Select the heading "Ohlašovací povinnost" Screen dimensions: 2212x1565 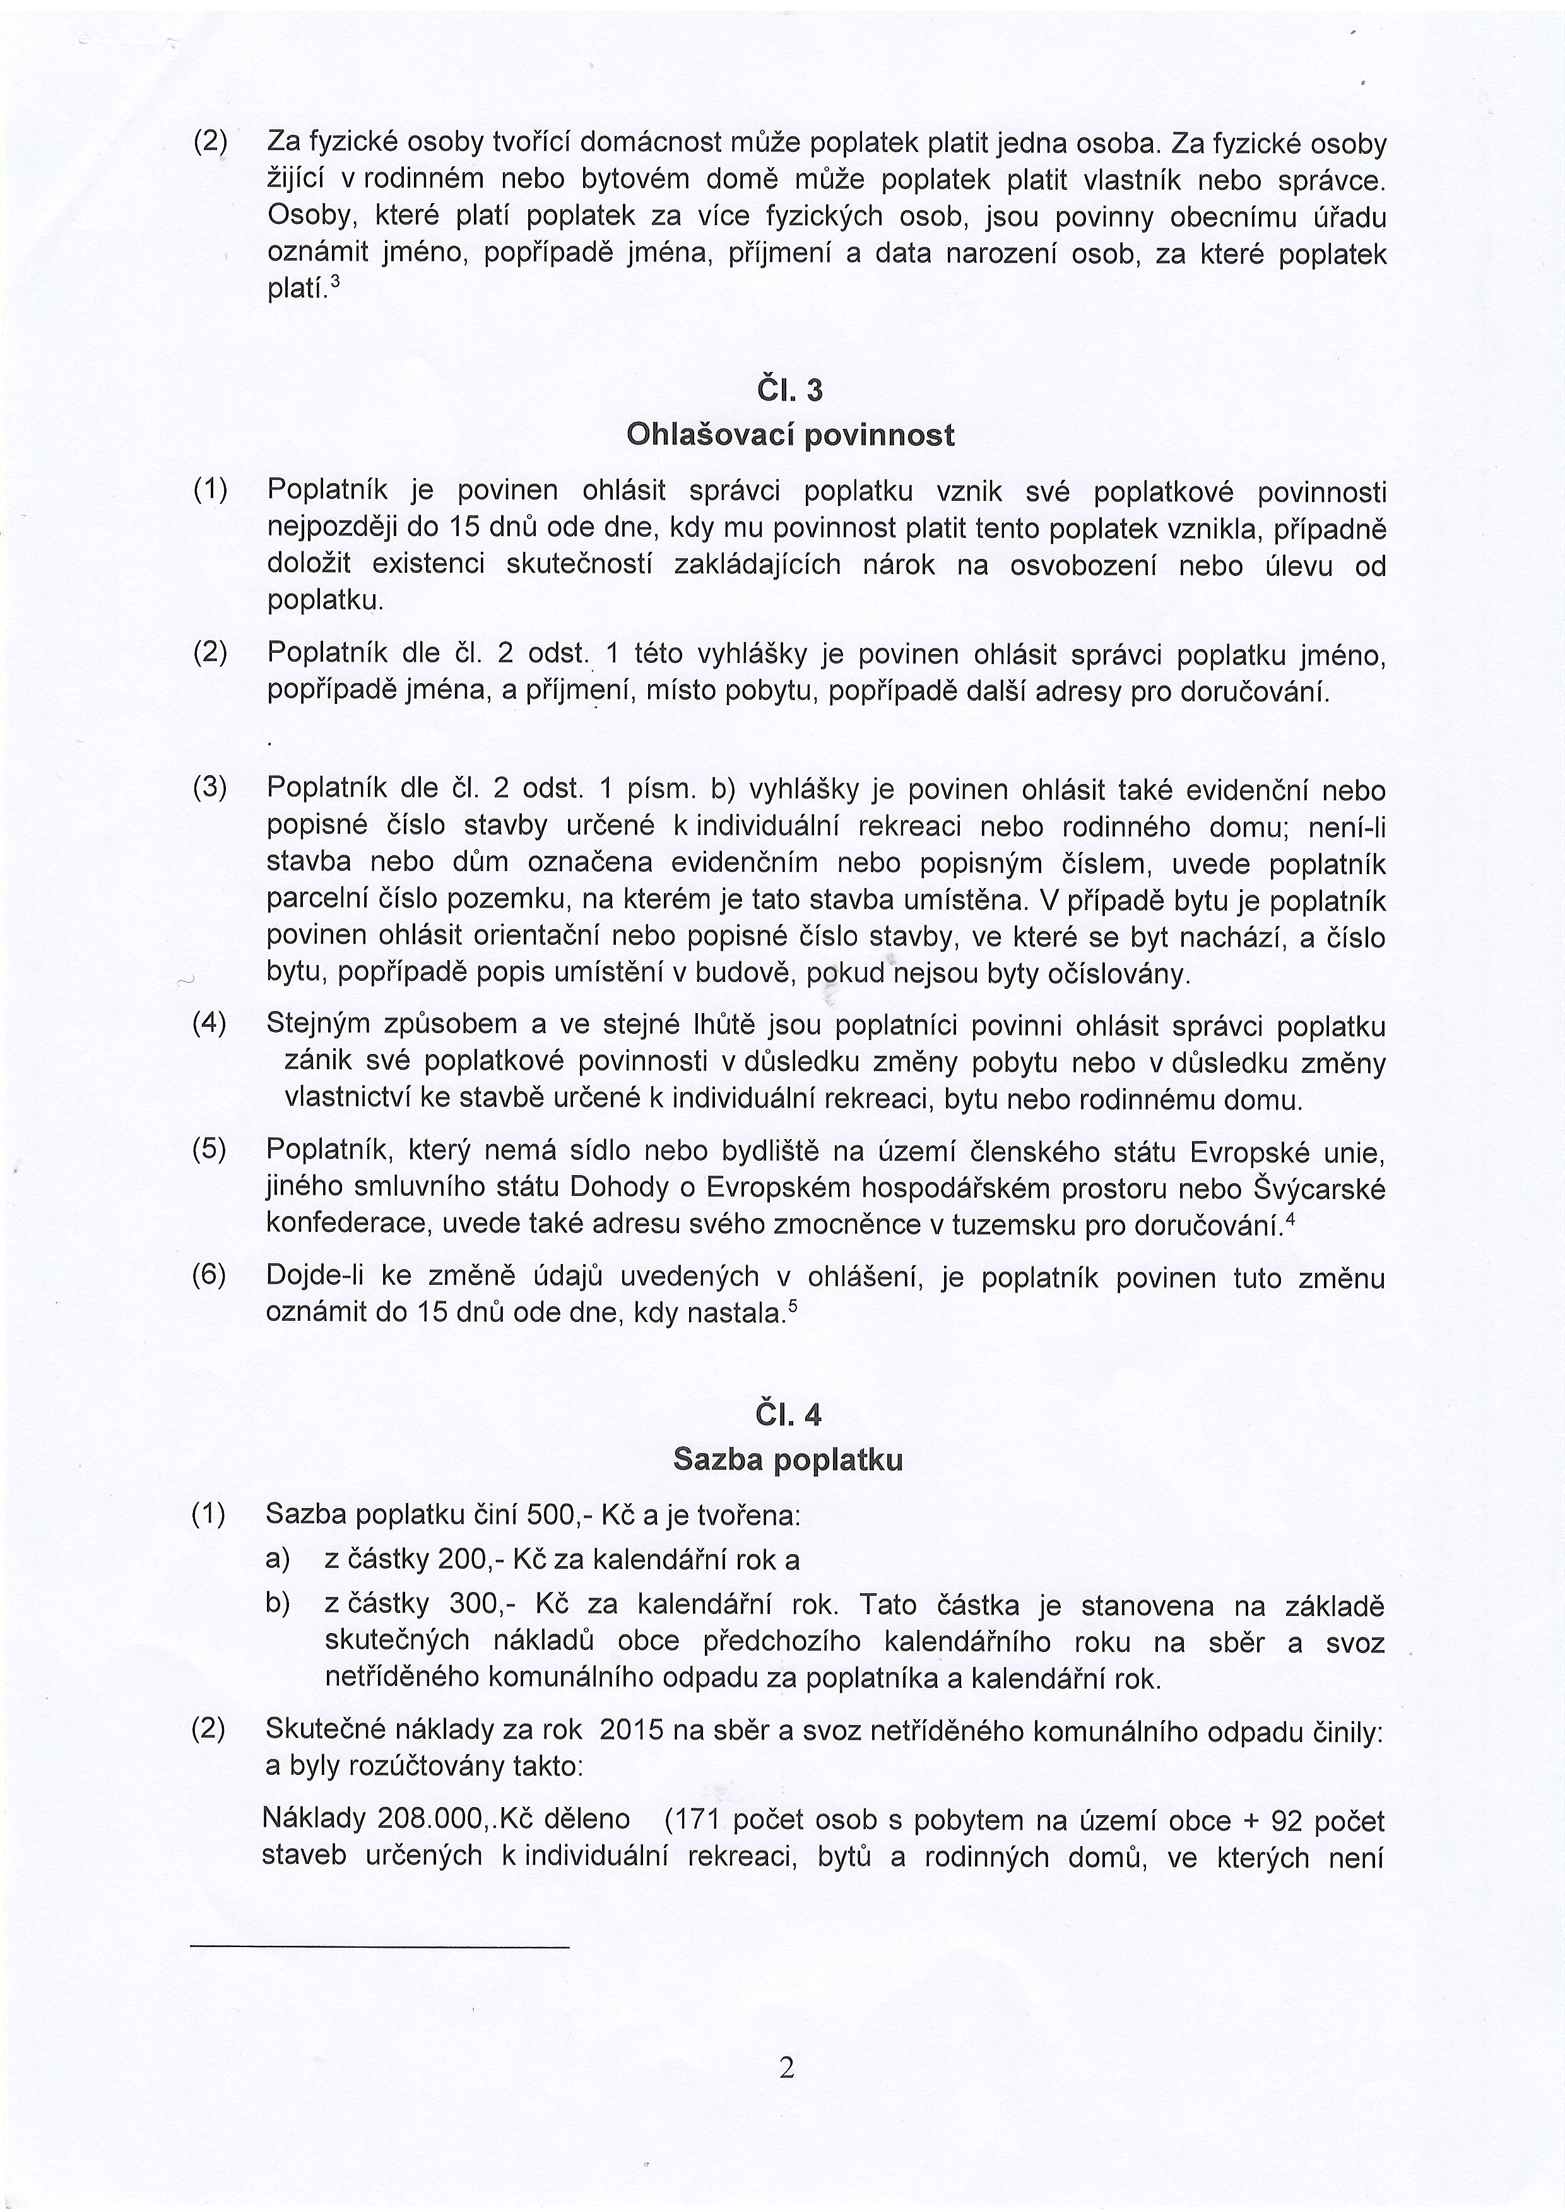[790, 435]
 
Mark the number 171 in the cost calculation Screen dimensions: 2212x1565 [699, 1819]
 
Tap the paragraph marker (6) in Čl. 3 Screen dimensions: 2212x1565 [209, 1277]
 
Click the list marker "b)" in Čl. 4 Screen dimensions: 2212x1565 [278, 1606]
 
